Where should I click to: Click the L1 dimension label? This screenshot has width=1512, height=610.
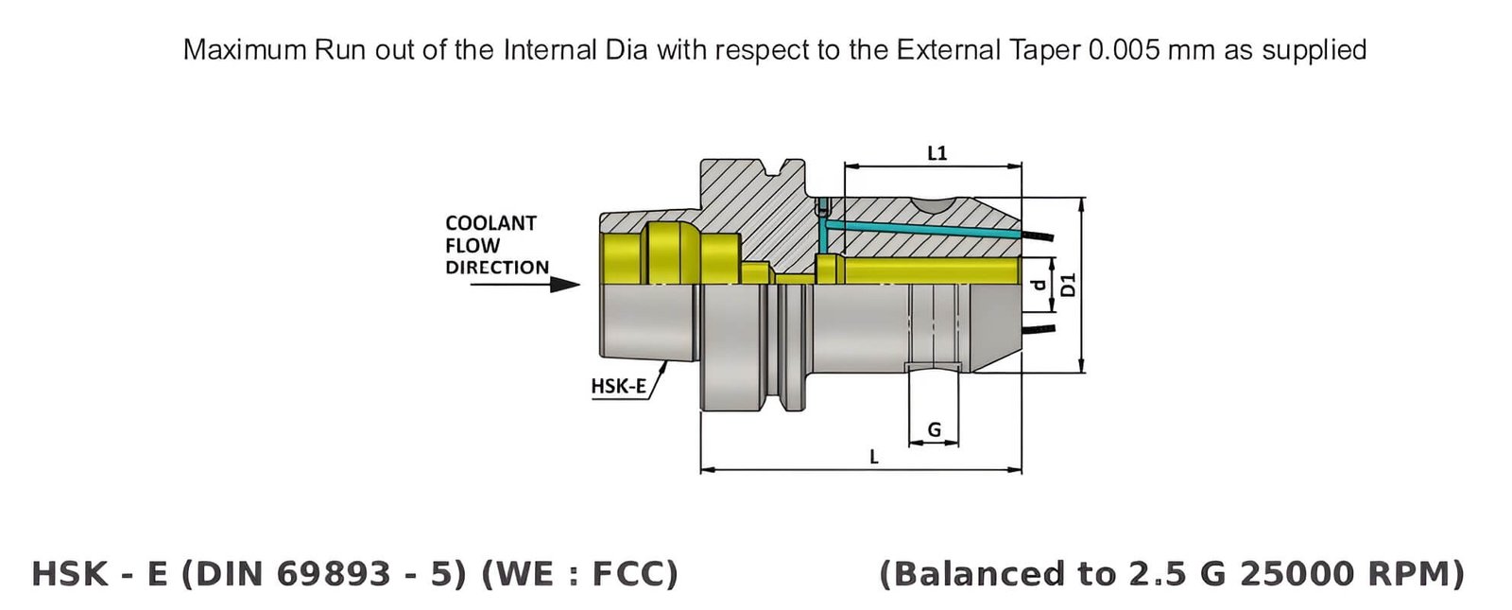pyautogui.click(x=936, y=152)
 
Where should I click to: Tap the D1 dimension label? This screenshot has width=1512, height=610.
pyautogui.click(x=1069, y=285)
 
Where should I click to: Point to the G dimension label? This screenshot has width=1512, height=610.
pyautogui.click(x=934, y=429)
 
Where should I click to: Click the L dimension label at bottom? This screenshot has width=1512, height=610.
pyautogui.click(x=873, y=457)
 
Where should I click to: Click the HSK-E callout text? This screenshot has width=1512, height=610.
pyautogui.click(x=618, y=386)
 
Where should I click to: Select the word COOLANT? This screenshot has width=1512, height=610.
pyautogui.click(x=490, y=223)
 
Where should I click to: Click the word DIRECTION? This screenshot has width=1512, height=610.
pyautogui.click(x=497, y=268)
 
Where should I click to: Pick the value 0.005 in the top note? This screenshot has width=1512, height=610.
pyautogui.click(x=1125, y=49)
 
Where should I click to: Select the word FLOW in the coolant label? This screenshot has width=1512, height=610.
pyautogui.click(x=472, y=246)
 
